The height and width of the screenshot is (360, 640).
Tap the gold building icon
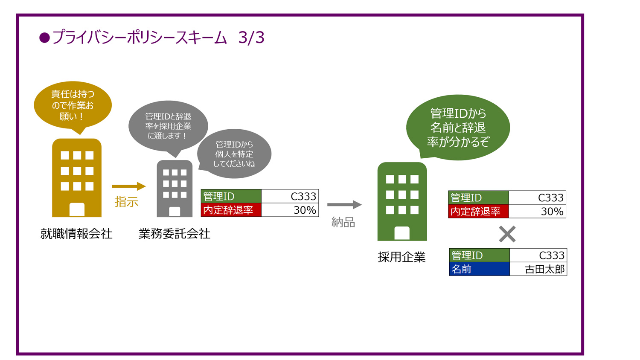click(77, 178)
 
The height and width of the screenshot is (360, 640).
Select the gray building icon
click(175, 189)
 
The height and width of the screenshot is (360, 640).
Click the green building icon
click(402, 201)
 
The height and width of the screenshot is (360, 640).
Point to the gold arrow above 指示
click(128, 186)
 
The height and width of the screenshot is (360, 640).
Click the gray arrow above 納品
click(344, 205)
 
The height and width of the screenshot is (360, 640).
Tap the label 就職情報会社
click(76, 234)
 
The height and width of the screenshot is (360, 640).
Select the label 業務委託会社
click(174, 234)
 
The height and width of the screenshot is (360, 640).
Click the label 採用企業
click(401, 257)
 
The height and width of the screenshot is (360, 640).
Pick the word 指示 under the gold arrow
click(126, 202)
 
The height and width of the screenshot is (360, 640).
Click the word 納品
click(343, 222)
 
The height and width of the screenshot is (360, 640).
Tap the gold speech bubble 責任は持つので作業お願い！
click(73, 105)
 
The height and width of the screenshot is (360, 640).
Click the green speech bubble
click(458, 127)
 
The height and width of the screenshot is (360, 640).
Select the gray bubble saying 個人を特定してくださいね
click(234, 154)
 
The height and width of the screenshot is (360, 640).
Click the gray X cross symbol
click(507, 234)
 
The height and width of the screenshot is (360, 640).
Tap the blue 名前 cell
click(479, 269)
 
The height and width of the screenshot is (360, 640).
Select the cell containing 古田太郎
click(538, 269)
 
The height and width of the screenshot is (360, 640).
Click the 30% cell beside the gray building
click(290, 210)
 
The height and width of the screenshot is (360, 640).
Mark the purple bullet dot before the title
click(44, 38)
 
